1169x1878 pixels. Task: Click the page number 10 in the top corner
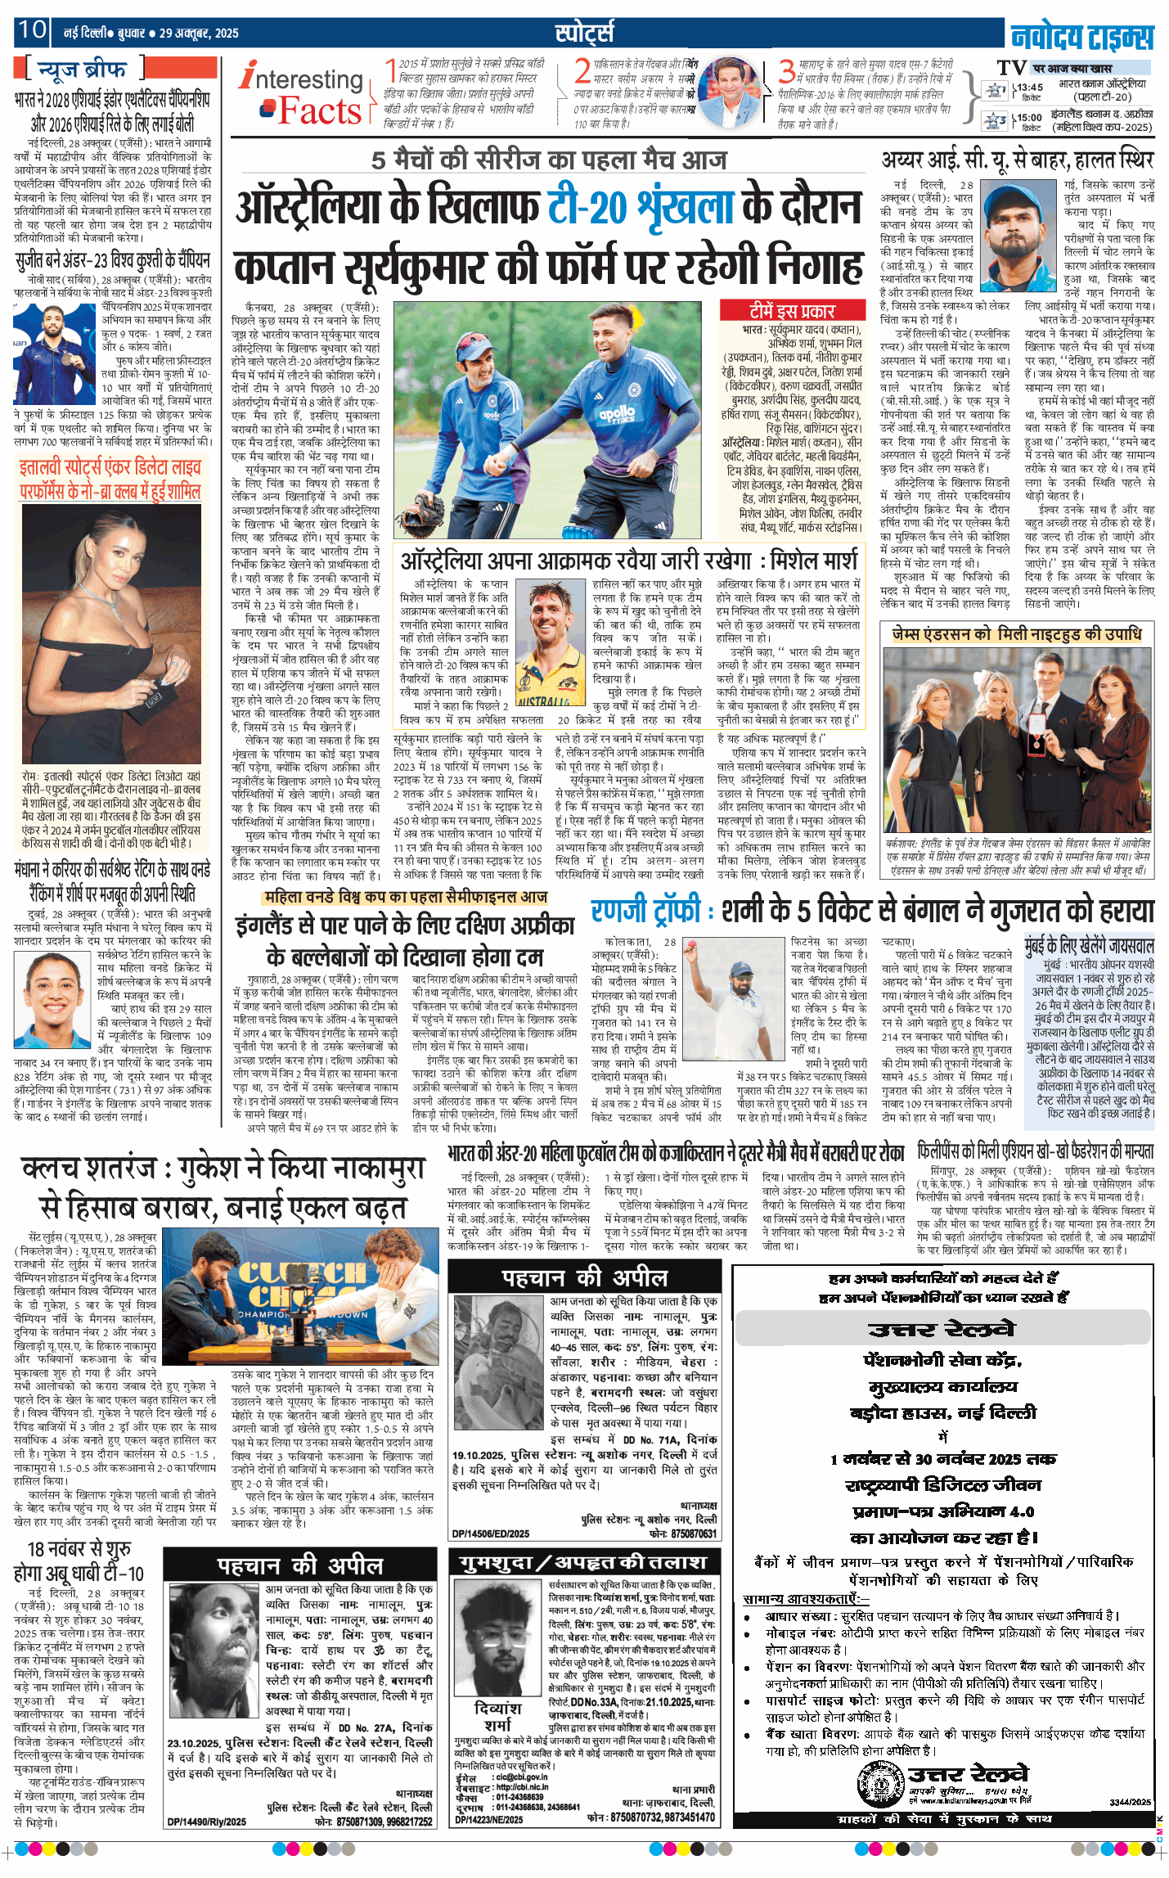point(32,30)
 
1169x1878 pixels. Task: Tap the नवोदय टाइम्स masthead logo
point(1081,37)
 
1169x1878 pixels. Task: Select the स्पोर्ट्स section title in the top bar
point(583,32)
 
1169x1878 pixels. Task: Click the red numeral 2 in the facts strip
point(582,71)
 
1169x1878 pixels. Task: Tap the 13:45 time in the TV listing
point(1030,87)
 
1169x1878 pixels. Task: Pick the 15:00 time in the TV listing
point(1030,117)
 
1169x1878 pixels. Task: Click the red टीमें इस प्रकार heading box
point(791,311)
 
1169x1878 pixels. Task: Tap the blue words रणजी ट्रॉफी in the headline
point(645,911)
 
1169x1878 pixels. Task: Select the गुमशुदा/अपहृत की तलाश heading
point(583,1562)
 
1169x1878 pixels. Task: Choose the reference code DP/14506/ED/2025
point(491,1533)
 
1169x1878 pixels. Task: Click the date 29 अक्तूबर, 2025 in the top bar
point(199,34)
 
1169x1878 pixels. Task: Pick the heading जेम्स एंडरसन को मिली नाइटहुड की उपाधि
point(1017,633)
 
